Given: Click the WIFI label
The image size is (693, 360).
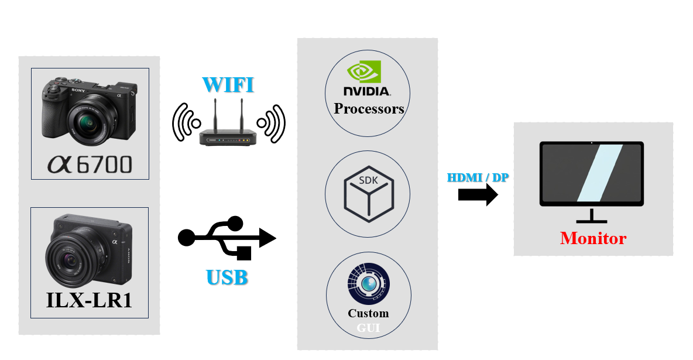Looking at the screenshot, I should [x=228, y=84].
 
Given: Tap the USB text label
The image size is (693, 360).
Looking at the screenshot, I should [x=227, y=276].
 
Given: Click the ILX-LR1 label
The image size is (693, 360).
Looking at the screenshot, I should [x=89, y=300].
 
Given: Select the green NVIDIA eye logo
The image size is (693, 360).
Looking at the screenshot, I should [x=364, y=72].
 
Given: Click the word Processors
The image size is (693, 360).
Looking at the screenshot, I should [x=369, y=109].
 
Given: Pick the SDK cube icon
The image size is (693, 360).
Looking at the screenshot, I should [x=368, y=194].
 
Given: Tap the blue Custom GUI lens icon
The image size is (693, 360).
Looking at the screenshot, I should [x=368, y=283].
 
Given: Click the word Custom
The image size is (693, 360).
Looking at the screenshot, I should [x=368, y=313].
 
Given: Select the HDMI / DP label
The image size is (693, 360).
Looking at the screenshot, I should [x=478, y=177].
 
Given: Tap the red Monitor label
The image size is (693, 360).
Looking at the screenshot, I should [x=593, y=238].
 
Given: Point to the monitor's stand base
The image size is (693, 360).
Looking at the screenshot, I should [x=592, y=221].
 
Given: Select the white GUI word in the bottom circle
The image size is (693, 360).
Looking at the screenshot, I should [x=368, y=328].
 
